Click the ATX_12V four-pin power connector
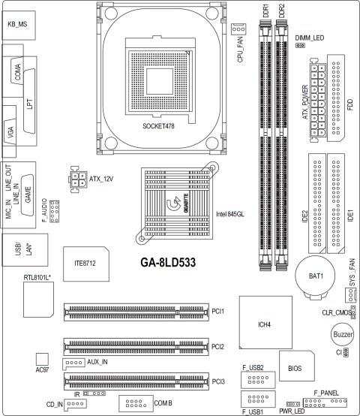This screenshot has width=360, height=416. coord(78,179)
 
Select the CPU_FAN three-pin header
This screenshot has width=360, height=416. coord(238,29)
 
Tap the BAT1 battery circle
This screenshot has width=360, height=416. coord(315,276)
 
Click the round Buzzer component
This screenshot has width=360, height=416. coord(342,334)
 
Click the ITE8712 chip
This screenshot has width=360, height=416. coord(86,264)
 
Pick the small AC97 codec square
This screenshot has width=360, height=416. coord(42,359)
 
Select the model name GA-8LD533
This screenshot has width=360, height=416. coord(168,262)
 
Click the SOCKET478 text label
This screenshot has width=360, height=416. coord(158,126)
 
